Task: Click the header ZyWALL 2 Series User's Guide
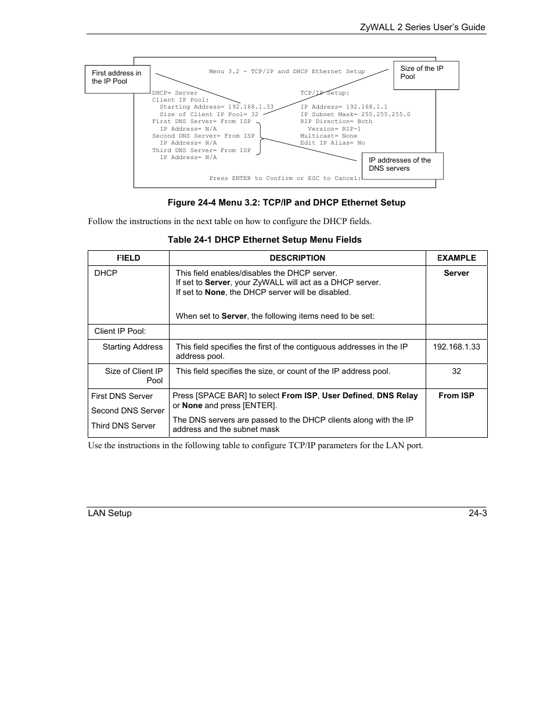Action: [422, 27]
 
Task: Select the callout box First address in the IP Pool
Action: [117, 78]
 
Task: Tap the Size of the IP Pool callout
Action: [426, 74]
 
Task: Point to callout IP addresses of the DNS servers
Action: [402, 165]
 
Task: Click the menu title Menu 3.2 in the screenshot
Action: [287, 72]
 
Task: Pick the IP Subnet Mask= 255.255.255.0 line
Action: [355, 114]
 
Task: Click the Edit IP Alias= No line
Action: [332, 143]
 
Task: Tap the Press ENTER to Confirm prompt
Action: [285, 178]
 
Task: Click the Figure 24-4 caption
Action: [286, 203]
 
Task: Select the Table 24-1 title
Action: [264, 240]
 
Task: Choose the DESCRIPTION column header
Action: [297, 258]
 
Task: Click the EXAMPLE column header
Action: [456, 258]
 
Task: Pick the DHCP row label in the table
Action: [106, 273]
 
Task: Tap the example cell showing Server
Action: [456, 273]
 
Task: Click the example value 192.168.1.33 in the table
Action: [456, 347]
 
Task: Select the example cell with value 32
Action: [456, 371]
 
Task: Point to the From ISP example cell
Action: [456, 395]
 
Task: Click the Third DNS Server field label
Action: [123, 426]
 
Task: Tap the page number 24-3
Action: [478, 513]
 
